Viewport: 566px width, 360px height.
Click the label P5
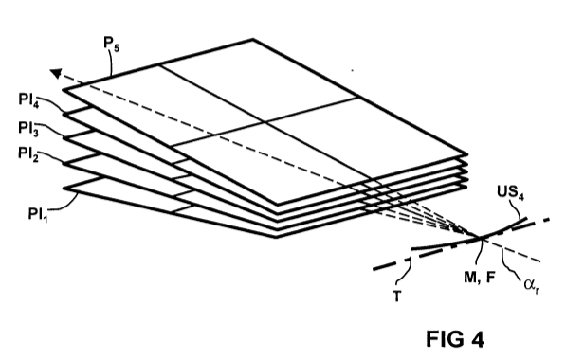coord(111,45)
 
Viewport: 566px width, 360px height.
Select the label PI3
coord(28,129)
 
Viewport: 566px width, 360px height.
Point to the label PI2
coord(28,154)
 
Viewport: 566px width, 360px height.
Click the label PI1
coord(38,215)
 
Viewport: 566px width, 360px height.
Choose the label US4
coord(510,192)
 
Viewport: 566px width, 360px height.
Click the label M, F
coord(480,277)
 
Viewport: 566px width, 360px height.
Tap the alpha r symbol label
coord(532,286)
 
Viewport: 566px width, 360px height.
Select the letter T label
coord(396,297)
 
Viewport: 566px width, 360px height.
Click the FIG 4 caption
coord(455,339)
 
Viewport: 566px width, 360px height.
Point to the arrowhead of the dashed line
coord(56,74)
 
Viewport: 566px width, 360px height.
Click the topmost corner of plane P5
coord(253,39)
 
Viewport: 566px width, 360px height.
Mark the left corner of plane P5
coord(64,89)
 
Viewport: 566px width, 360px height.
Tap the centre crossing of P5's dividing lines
coord(265,122)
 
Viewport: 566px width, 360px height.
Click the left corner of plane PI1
coord(64,188)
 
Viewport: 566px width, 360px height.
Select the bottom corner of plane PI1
coord(276,237)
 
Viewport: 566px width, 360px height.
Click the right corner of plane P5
coord(467,154)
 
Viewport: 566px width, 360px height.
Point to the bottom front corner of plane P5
coord(277,205)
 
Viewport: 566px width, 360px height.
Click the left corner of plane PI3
coord(64,137)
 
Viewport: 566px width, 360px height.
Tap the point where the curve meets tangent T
coord(481,238)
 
